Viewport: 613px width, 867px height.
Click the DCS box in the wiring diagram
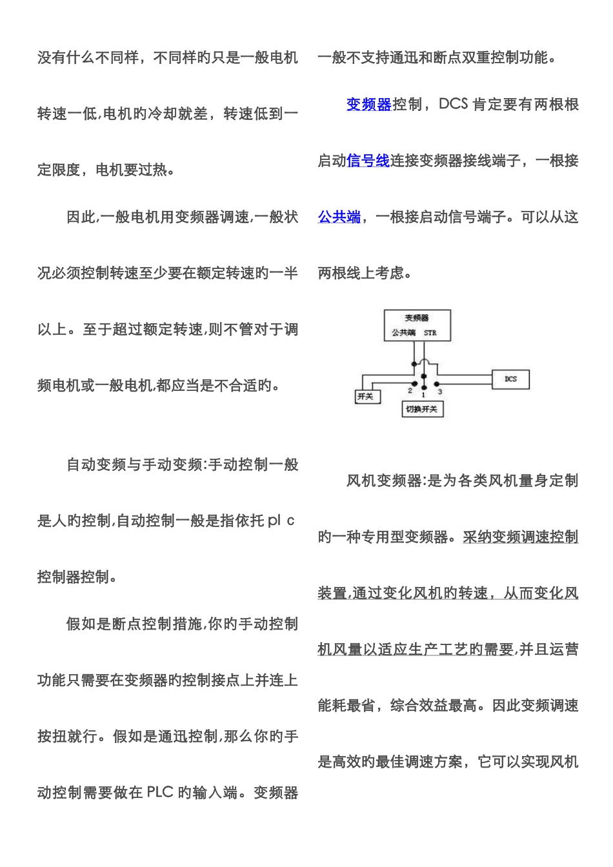pyautogui.click(x=511, y=379)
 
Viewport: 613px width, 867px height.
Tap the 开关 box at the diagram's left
pyautogui.click(x=366, y=396)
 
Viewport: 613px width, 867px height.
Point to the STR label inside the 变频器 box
pyautogui.click(x=430, y=333)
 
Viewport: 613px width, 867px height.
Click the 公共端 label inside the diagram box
pyautogui.click(x=403, y=333)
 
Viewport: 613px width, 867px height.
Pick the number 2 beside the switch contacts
pyautogui.click(x=410, y=390)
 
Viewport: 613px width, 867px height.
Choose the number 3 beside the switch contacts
pyautogui.click(x=440, y=391)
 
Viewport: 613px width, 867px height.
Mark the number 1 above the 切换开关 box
pyautogui.click(x=423, y=394)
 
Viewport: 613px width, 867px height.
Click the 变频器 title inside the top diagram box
pyautogui.click(x=417, y=317)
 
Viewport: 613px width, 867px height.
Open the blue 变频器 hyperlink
pyautogui.click(x=369, y=105)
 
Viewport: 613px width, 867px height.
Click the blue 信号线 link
pyautogui.click(x=368, y=161)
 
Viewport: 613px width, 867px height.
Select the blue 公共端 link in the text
pyautogui.click(x=339, y=217)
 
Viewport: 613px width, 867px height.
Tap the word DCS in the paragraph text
pyautogui.click(x=453, y=105)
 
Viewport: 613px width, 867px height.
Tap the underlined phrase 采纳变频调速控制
pyautogui.click(x=520, y=537)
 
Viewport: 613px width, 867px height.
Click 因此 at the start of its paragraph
pyautogui.click(x=81, y=217)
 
